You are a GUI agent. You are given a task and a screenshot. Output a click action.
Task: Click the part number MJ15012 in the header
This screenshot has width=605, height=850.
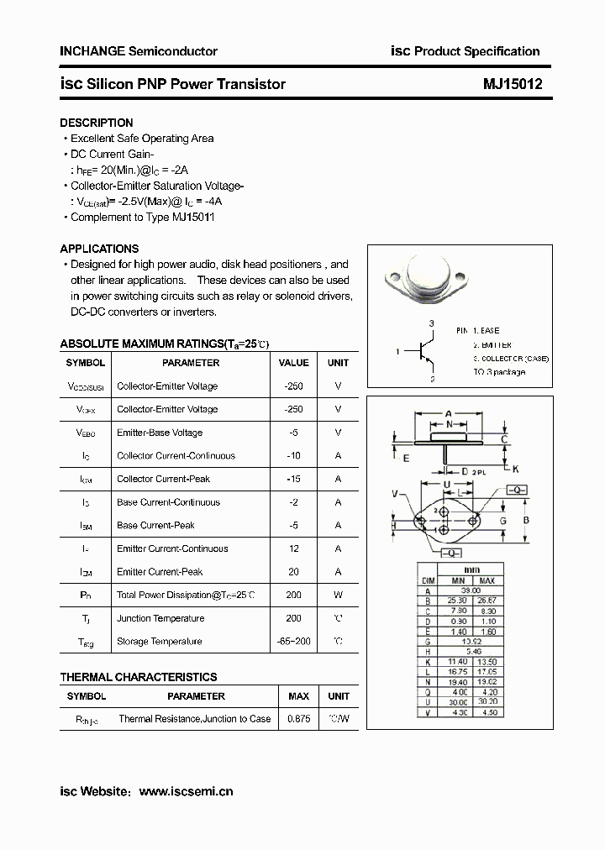[x=513, y=84]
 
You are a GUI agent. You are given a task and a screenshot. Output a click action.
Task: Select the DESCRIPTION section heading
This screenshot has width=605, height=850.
[x=97, y=123]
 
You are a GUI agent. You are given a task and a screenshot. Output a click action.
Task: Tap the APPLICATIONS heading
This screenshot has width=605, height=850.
[x=99, y=249]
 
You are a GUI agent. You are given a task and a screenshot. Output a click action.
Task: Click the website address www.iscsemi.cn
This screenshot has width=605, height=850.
[x=185, y=791]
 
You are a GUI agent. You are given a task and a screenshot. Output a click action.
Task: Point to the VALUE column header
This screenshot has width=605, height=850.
[x=293, y=363]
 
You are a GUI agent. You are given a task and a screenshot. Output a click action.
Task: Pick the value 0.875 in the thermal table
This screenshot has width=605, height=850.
[x=298, y=719]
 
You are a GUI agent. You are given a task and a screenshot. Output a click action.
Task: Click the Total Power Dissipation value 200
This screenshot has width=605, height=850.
[x=293, y=595]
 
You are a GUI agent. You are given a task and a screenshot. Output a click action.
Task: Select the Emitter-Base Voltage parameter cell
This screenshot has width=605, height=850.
[x=160, y=433]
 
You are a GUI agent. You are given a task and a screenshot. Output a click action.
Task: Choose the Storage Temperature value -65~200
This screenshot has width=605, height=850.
[x=293, y=642]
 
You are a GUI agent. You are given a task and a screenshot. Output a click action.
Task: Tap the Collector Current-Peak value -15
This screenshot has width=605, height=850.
[x=293, y=479]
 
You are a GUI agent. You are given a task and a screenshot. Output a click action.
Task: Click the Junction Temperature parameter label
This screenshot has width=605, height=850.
[x=160, y=618]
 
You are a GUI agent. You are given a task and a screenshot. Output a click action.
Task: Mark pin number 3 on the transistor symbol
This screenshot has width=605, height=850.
[x=431, y=323]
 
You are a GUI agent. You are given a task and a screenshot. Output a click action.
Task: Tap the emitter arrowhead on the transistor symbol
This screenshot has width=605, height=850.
[x=429, y=362]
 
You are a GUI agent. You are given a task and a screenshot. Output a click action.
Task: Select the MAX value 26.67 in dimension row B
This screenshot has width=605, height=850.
[x=487, y=601]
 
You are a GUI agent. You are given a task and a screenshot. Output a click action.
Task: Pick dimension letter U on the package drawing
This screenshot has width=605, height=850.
[x=448, y=485]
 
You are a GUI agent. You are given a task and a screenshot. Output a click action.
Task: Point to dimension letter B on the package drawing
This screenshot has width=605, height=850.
[x=526, y=521]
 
